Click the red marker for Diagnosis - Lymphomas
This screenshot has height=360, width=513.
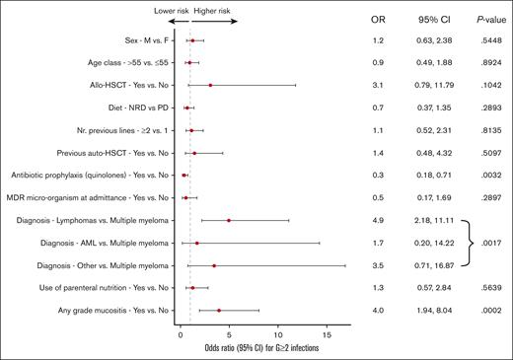tap(229, 221)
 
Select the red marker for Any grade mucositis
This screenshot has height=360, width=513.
tap(219, 311)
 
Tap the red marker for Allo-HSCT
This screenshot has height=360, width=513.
tap(210, 86)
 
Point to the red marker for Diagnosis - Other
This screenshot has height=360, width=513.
tap(214, 266)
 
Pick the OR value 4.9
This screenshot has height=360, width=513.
tap(377, 221)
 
